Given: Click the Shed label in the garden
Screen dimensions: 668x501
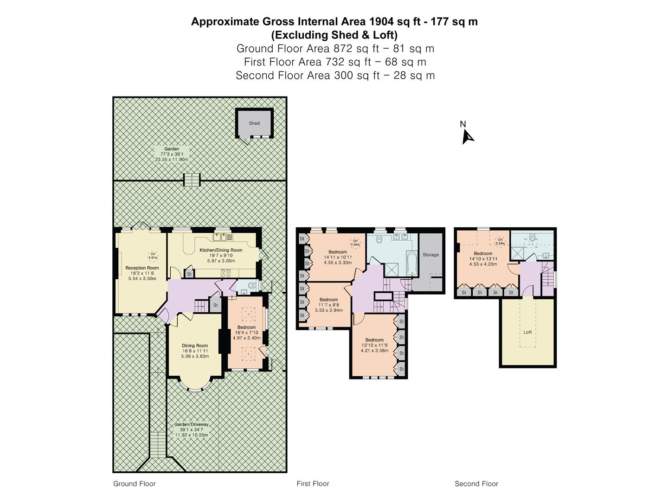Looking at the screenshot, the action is (x=254, y=123).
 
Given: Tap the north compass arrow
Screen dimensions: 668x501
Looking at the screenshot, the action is (x=467, y=137).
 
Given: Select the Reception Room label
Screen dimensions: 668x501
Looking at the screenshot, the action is (x=142, y=268).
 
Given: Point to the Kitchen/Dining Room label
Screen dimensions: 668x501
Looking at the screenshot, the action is (x=221, y=250).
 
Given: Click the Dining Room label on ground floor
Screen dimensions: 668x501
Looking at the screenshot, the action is (x=195, y=346).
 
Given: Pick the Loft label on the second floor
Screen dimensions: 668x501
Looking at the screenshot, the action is (x=527, y=332).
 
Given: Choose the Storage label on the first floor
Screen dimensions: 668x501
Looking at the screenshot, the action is (x=430, y=255).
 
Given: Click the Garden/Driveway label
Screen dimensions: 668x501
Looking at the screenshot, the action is (x=192, y=424).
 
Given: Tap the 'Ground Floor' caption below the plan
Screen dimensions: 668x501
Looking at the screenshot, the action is (x=135, y=484).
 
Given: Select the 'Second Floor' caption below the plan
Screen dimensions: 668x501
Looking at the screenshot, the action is (x=476, y=484).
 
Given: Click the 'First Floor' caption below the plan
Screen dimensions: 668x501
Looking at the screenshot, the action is (x=313, y=484).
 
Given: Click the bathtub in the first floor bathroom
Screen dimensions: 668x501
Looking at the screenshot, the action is (x=411, y=264).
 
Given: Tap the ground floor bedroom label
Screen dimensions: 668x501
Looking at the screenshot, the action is (x=246, y=328).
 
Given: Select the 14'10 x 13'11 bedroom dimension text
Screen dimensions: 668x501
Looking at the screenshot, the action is (x=483, y=259).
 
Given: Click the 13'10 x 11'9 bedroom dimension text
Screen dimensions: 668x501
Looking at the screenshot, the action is (x=375, y=345).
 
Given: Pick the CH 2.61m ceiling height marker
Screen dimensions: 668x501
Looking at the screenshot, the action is (x=153, y=256).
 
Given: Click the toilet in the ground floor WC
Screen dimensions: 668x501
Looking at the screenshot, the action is (x=251, y=286).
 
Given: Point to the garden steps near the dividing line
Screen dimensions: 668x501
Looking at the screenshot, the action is (x=192, y=180).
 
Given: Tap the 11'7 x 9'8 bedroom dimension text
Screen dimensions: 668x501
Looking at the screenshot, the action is (x=329, y=305).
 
